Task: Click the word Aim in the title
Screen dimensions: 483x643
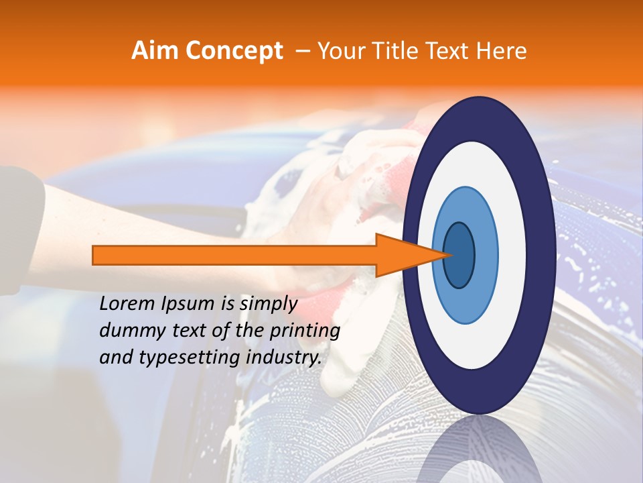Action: point(153,51)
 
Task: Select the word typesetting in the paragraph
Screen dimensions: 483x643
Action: point(176,358)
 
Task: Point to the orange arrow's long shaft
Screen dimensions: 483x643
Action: point(234,255)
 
